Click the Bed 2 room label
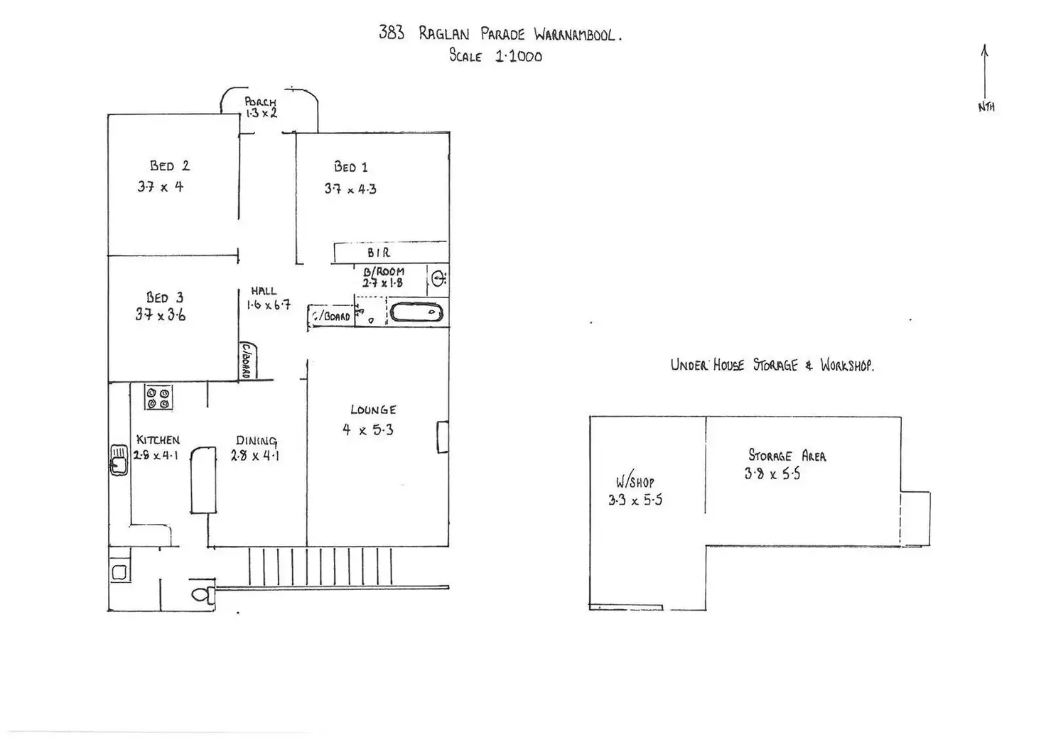pyautogui.click(x=169, y=166)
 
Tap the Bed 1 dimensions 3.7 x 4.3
pyautogui.click(x=350, y=189)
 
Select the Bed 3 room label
pyautogui.click(x=165, y=297)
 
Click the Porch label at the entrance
pyautogui.click(x=260, y=102)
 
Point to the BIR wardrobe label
pyautogui.click(x=378, y=253)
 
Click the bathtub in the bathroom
pyautogui.click(x=416, y=312)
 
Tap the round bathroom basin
pyautogui.click(x=438, y=278)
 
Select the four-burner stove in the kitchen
pyautogui.click(x=158, y=398)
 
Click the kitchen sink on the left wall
pyautogui.click(x=119, y=459)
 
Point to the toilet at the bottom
pyautogui.click(x=203, y=593)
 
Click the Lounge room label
pyautogui.click(x=373, y=410)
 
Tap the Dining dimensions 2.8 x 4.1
pyautogui.click(x=255, y=456)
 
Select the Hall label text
pyautogui.click(x=263, y=291)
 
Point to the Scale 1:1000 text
pyautogui.click(x=495, y=56)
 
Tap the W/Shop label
pyautogui.click(x=635, y=482)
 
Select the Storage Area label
pyautogui.click(x=787, y=456)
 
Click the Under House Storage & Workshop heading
pyautogui.click(x=772, y=366)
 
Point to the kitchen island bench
pyautogui.click(x=203, y=480)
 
